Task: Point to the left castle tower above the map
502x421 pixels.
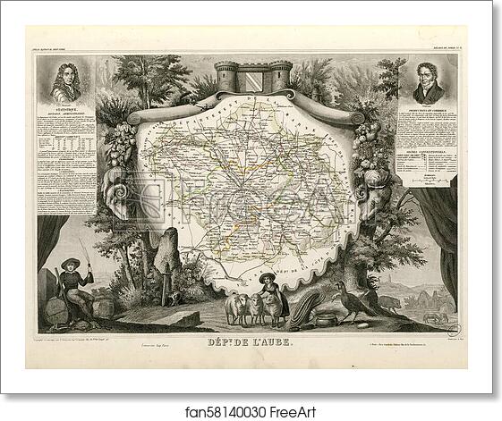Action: pos(226,78)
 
